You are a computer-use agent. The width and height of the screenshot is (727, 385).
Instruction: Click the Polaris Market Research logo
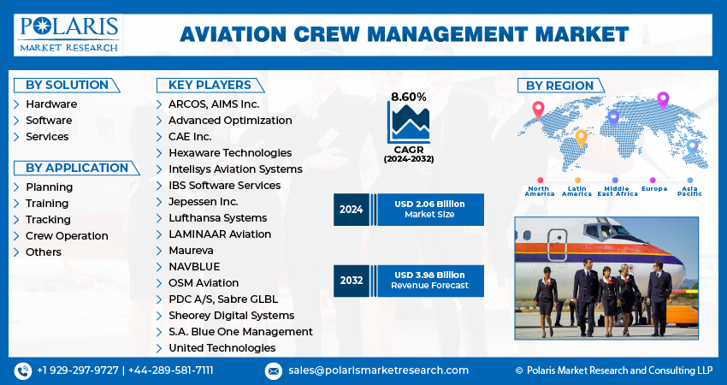click(x=68, y=34)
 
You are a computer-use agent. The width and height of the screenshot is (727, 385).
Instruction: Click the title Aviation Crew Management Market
click(x=404, y=34)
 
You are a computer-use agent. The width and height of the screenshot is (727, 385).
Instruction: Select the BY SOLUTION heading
click(x=67, y=85)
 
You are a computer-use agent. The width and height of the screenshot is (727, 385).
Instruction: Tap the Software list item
click(x=48, y=120)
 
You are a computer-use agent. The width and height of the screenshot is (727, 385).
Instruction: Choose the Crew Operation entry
click(x=67, y=235)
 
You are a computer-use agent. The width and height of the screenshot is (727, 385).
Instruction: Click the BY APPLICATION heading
click(x=76, y=168)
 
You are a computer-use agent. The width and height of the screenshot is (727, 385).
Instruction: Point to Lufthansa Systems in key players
click(x=217, y=218)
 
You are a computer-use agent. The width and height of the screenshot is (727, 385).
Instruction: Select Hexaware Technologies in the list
click(x=230, y=152)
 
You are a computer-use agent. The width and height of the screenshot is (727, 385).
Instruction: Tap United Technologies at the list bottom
click(x=222, y=347)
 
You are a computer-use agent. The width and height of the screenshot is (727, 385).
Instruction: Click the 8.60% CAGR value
click(x=408, y=97)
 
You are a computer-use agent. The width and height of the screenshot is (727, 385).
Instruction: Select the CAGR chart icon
click(x=408, y=123)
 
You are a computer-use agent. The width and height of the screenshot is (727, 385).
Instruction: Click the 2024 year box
click(x=351, y=210)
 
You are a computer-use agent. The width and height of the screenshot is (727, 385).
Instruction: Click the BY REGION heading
click(x=559, y=86)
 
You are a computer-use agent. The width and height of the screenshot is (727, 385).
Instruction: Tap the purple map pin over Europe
click(x=662, y=99)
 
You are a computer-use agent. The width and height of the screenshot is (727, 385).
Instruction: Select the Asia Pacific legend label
click(x=689, y=191)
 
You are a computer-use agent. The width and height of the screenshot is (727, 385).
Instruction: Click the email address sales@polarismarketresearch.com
click(x=377, y=370)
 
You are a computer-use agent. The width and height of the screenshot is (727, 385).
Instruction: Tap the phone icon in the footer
click(x=23, y=370)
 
